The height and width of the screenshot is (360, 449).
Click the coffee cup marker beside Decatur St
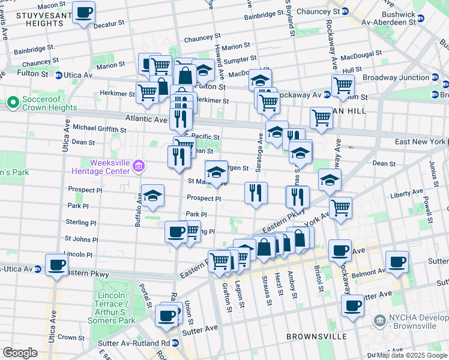(83, 11)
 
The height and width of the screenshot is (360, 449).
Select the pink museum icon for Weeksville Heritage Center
(139, 166)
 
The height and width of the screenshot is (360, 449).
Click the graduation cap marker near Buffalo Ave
(153, 195)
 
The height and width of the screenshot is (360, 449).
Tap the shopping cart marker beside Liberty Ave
(340, 208)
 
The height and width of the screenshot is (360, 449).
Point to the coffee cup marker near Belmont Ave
(397, 262)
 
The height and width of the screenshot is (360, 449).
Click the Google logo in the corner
(20, 352)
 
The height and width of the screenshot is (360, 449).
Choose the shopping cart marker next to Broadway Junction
(342, 85)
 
